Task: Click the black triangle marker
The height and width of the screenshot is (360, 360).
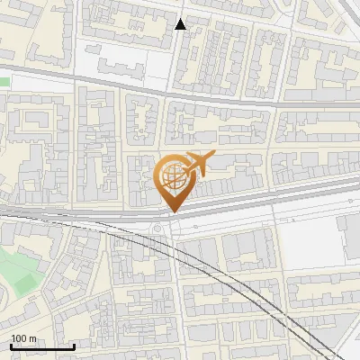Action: (x=181, y=23)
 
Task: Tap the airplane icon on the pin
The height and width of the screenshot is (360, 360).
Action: (x=195, y=164)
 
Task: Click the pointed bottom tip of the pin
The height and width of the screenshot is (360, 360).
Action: (x=173, y=211)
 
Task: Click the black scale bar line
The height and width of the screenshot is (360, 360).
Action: (x=41, y=346)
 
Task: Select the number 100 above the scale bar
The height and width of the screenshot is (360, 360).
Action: (x=19, y=338)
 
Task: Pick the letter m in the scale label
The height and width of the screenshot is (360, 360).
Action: (x=32, y=338)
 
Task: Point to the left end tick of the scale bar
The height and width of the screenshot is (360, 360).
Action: (x=11, y=345)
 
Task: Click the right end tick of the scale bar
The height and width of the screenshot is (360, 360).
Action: (x=74, y=345)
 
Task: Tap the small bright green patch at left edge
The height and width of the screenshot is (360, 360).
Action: (x=4, y=81)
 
